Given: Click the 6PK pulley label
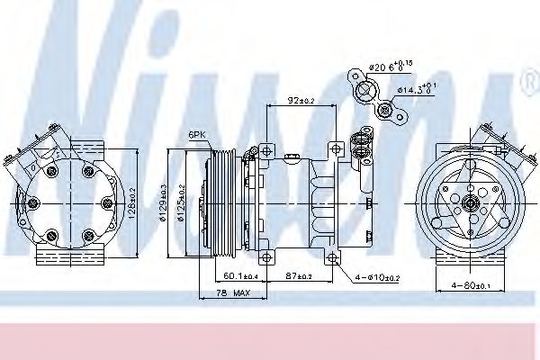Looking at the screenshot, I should (x=197, y=135).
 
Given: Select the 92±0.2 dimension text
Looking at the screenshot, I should (x=301, y=100).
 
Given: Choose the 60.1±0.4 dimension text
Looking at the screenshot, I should (x=240, y=275).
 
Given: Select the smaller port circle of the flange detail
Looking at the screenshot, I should (x=385, y=111).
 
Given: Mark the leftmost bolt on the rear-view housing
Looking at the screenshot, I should (x=31, y=203).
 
